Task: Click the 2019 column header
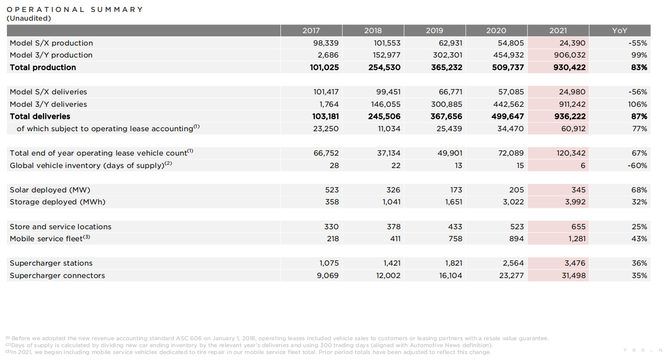[434, 30]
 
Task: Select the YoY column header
[619, 30]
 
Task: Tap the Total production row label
[43, 67]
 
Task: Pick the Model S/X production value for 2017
[326, 43]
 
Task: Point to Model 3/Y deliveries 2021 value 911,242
[572, 104]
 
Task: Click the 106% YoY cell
[637, 104]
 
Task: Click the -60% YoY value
[637, 165]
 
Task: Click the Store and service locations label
[60, 226]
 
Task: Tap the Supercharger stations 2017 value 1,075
[329, 263]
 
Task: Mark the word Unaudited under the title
[29, 18]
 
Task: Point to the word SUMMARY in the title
[117, 9]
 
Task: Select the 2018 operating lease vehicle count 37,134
[389, 153]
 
